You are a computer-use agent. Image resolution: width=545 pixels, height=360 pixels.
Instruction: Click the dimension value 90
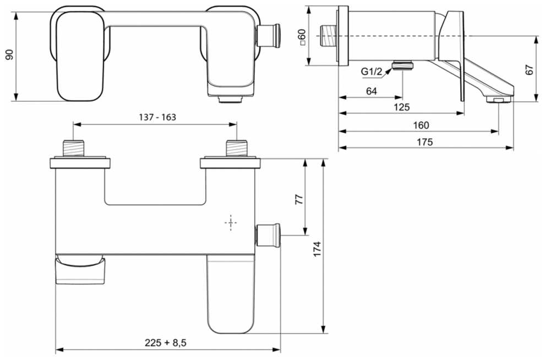click(x=10, y=54)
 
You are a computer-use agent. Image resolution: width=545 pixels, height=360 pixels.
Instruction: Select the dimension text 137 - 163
click(x=157, y=117)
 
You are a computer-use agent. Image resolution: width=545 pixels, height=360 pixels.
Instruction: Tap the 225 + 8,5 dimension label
click(x=166, y=342)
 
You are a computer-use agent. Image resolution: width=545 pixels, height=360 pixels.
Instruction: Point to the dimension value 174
click(x=317, y=249)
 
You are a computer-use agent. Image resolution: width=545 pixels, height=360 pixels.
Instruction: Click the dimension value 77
click(x=299, y=199)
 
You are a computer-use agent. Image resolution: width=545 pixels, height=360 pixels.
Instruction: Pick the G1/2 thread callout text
click(x=371, y=72)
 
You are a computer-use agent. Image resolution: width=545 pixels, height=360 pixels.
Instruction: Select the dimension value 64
click(x=371, y=91)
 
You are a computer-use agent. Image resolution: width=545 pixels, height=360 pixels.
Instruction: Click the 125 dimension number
click(x=402, y=107)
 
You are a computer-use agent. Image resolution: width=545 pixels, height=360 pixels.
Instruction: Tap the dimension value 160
click(x=421, y=125)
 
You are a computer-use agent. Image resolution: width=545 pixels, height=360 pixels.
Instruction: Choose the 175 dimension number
click(x=424, y=142)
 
